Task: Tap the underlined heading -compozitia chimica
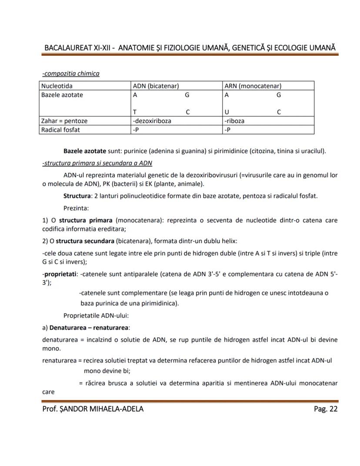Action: (70, 74)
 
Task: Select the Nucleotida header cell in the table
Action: (57, 86)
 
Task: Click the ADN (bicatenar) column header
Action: (156, 86)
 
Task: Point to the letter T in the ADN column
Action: (135, 112)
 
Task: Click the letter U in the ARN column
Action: (227, 112)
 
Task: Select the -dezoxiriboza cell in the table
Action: (152, 121)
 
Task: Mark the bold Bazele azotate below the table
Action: (84, 151)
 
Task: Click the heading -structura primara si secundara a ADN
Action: (97, 163)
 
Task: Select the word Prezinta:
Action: (76, 208)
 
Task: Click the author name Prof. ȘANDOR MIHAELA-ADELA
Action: (93, 409)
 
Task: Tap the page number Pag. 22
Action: (325, 409)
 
